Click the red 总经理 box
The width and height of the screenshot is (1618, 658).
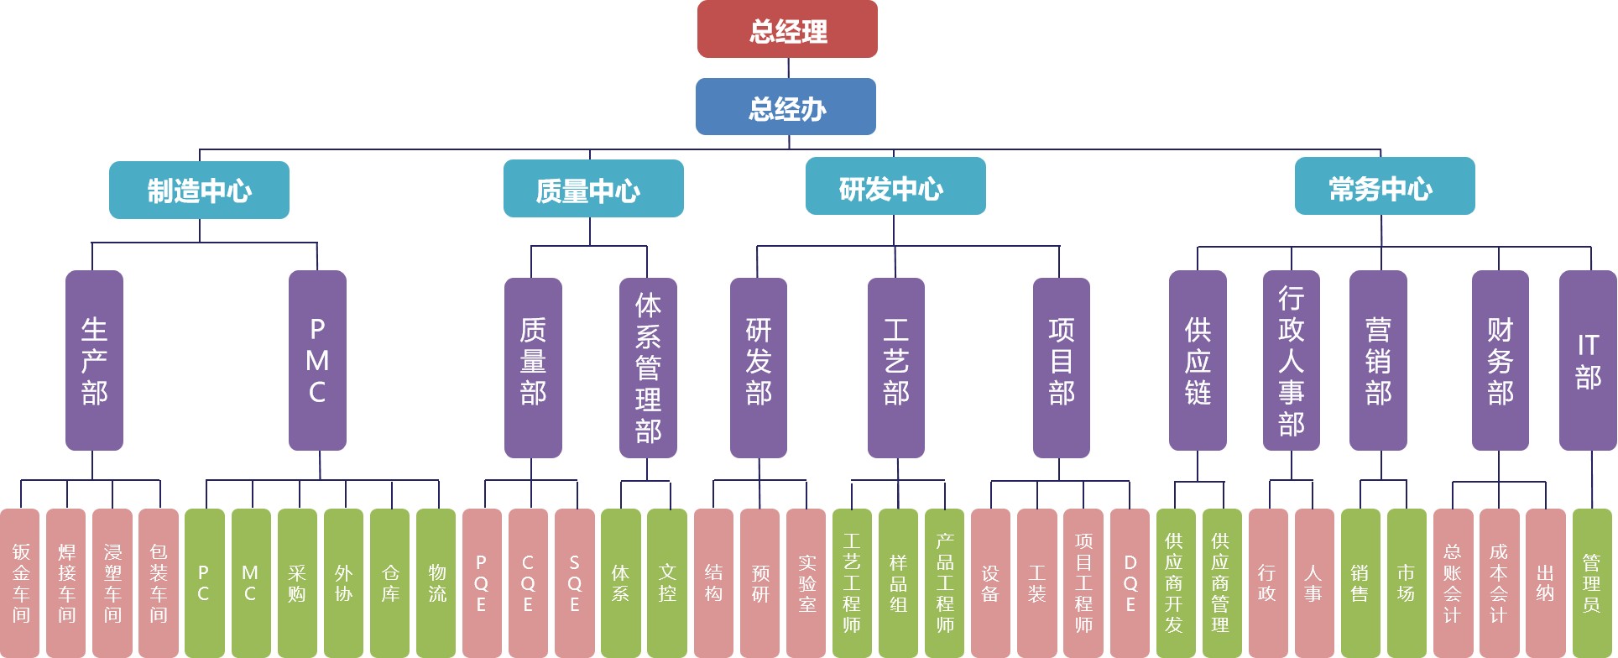tap(787, 30)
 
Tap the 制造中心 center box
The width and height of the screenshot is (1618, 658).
tap(199, 191)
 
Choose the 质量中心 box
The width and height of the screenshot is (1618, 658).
tap(593, 190)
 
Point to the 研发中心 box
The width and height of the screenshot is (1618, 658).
tap(895, 187)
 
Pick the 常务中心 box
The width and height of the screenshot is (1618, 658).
tap(1385, 187)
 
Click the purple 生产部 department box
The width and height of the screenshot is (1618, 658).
tap(94, 361)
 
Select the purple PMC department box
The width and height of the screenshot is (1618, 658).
tap(317, 361)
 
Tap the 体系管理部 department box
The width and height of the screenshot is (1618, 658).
tap(648, 368)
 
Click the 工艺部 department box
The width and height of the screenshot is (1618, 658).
tap(896, 368)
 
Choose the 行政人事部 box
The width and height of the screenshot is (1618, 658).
tap(1291, 361)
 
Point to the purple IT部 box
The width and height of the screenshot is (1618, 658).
tap(1588, 361)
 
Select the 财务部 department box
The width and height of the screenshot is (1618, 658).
tap(1500, 361)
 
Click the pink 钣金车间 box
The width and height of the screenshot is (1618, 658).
tap(20, 582)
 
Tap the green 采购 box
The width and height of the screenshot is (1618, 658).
tap(297, 582)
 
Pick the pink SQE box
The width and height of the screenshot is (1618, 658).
tap(574, 582)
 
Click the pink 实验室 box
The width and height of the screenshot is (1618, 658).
tap(806, 582)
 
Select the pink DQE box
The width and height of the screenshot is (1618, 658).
tap(1130, 582)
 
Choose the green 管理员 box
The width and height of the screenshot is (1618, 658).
tap(1591, 582)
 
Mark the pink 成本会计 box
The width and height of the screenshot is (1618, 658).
tap(1499, 582)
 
